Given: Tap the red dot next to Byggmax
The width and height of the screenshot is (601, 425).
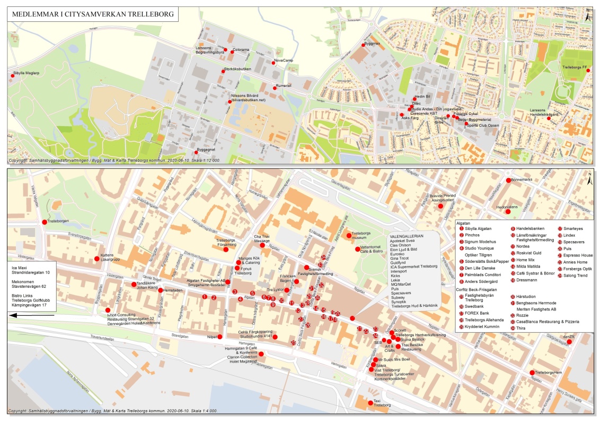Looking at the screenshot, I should (x=364, y=44).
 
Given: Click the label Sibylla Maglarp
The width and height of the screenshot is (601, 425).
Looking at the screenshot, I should (x=25, y=72).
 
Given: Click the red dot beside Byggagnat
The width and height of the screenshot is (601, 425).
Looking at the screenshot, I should (x=196, y=153).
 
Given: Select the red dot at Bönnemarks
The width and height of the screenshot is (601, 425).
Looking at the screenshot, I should (x=508, y=181).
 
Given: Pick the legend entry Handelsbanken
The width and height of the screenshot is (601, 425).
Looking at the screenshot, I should (x=531, y=228).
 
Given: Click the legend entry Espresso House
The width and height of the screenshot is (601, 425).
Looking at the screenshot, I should (x=578, y=255).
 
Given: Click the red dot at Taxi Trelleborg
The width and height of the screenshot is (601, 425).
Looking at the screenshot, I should (x=370, y=403).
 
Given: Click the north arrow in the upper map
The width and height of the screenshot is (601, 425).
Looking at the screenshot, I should (x=588, y=15).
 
